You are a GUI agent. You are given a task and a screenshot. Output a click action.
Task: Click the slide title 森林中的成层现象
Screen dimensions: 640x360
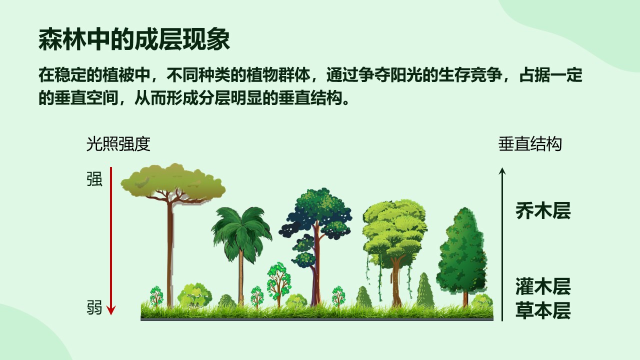(x=134, y=39)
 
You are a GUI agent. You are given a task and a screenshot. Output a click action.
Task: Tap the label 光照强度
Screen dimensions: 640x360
(x=118, y=144)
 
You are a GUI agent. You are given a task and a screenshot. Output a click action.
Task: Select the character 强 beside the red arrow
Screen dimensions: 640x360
(x=94, y=179)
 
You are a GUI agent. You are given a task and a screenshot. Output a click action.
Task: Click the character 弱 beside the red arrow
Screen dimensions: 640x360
(x=94, y=307)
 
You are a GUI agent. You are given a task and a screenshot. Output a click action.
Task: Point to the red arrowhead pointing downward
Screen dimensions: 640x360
(x=111, y=310)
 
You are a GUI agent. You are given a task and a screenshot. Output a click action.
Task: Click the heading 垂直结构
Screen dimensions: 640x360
(x=530, y=144)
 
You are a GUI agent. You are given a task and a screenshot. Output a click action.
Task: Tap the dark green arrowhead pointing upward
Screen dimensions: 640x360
(x=502, y=171)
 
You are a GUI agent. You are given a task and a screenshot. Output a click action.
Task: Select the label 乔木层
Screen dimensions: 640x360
(x=543, y=211)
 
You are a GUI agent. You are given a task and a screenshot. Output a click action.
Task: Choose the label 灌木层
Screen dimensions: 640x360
(x=543, y=286)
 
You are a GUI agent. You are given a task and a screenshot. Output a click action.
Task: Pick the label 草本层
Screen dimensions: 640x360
(x=543, y=310)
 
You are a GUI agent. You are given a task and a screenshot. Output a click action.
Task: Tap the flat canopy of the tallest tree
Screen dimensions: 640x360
(x=173, y=182)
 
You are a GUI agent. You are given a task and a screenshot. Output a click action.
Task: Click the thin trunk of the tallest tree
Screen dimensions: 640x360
(x=170, y=254)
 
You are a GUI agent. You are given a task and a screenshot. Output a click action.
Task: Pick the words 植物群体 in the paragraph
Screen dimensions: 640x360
(x=278, y=75)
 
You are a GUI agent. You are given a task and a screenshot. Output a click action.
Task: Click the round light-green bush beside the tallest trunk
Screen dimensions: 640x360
(x=194, y=295)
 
